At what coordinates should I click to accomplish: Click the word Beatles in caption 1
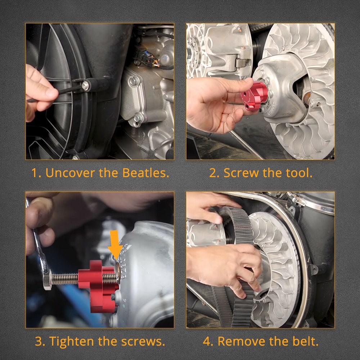point(145,173)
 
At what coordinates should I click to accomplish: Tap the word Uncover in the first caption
point(70,173)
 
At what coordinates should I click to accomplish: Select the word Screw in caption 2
point(241,173)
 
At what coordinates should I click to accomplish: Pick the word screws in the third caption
point(143,341)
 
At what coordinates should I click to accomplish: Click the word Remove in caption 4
point(242,341)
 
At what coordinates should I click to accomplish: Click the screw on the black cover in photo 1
point(85,86)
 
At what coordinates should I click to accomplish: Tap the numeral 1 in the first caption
point(35,173)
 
